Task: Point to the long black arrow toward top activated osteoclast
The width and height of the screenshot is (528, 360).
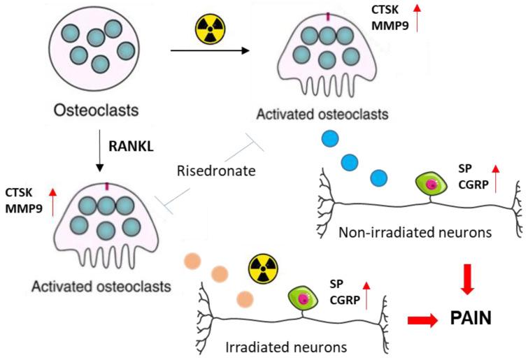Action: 209,50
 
